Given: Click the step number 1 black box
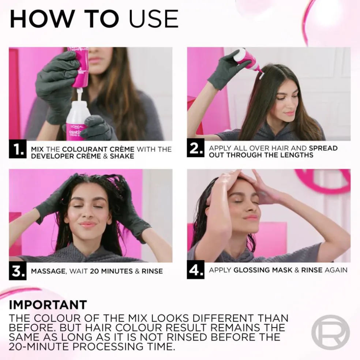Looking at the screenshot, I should click(x=18, y=150).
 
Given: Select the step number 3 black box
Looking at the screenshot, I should click(x=18, y=271).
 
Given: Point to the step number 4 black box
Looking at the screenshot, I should click(x=195, y=270).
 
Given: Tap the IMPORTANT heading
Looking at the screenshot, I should click(x=48, y=304).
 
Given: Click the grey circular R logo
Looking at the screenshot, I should click(x=330, y=332).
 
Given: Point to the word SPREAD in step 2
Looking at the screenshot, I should click(x=323, y=149).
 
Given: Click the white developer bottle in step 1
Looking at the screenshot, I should click(x=76, y=117).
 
